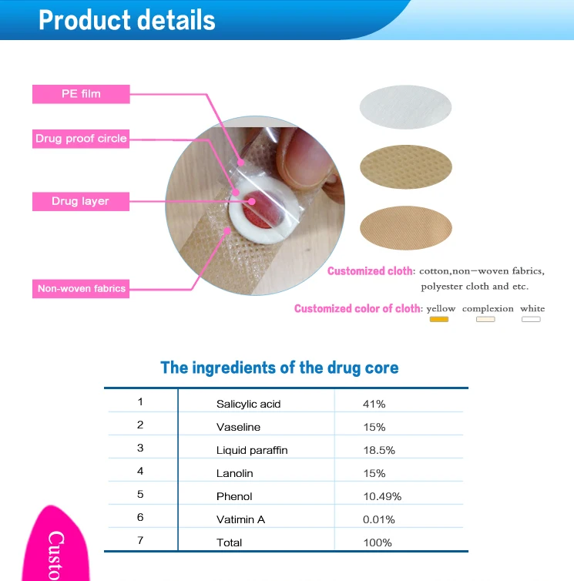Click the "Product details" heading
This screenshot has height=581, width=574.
coord(127,20)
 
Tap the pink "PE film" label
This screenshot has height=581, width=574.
coord(81,94)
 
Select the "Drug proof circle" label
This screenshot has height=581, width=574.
coord(81,139)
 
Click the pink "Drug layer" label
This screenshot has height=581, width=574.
coord(81,201)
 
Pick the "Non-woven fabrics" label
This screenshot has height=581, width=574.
coord(81,289)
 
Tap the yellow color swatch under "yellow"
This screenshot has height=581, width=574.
coord(439,319)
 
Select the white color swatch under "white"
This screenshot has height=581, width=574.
coord(531,319)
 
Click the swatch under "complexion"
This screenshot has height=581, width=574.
coord(485,319)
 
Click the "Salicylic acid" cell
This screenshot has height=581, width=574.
coord(248,404)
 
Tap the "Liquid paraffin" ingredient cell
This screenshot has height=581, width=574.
coord(252,450)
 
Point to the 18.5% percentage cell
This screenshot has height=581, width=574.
coord(379,450)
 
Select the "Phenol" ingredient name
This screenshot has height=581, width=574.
coord(234,496)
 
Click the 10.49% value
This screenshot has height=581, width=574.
coord(382,496)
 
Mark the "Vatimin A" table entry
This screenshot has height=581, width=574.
coord(240,519)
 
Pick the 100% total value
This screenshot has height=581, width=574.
coord(377,542)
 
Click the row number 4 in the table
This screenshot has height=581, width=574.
coord(140,471)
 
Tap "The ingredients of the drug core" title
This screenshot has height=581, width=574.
coord(279,368)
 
